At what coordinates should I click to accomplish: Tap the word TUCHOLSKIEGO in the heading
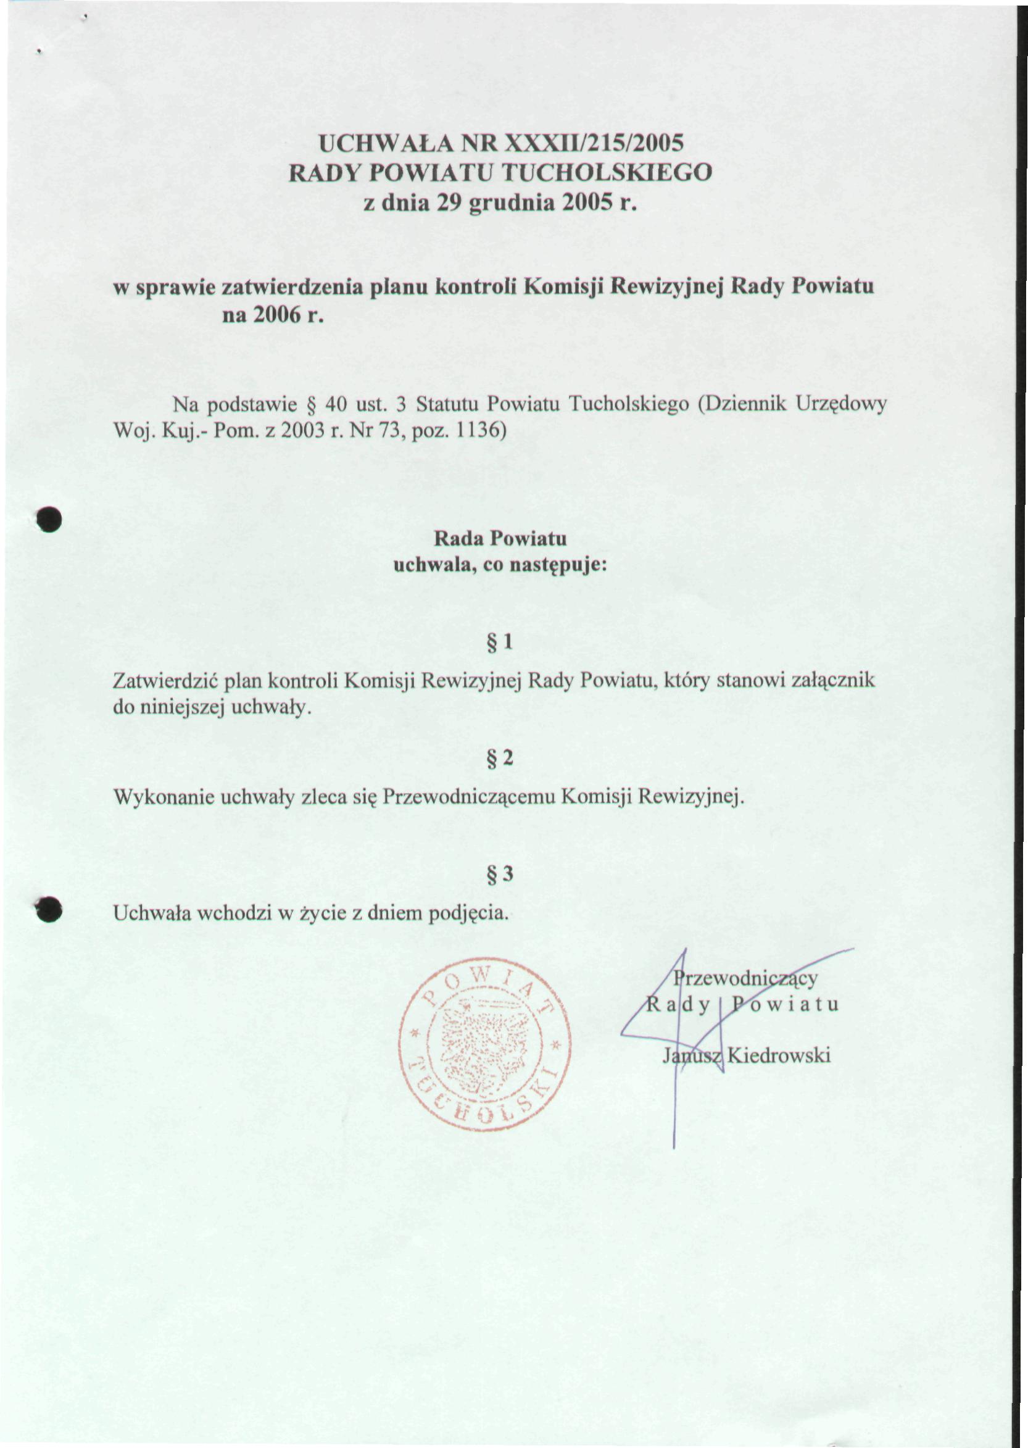(607, 173)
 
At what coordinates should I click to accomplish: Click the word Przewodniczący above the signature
(745, 978)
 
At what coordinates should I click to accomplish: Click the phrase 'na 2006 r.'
(273, 315)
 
